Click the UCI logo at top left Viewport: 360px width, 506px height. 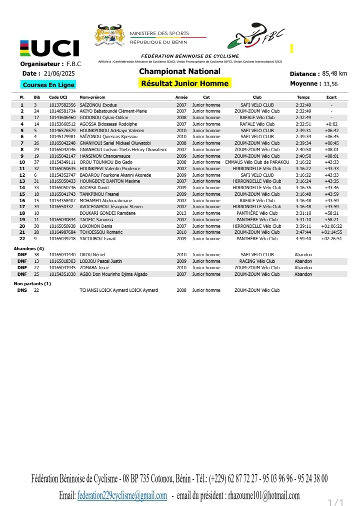(x=49, y=49)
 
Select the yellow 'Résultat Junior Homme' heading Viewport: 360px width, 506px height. (x=184, y=83)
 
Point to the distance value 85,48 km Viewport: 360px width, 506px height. (x=334, y=74)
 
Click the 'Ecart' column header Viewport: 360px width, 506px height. (x=331, y=97)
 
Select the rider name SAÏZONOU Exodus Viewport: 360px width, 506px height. (x=95, y=105)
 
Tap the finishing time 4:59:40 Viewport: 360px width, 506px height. (x=303, y=239)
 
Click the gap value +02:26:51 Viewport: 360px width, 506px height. (x=331, y=239)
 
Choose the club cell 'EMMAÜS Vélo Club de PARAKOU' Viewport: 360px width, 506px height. (x=257, y=162)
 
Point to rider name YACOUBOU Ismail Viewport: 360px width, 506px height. (x=97, y=239)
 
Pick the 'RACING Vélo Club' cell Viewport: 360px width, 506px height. (x=257, y=261)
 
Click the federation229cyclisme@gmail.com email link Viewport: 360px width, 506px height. (x=122, y=495)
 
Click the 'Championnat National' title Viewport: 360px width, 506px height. (x=179, y=72)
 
